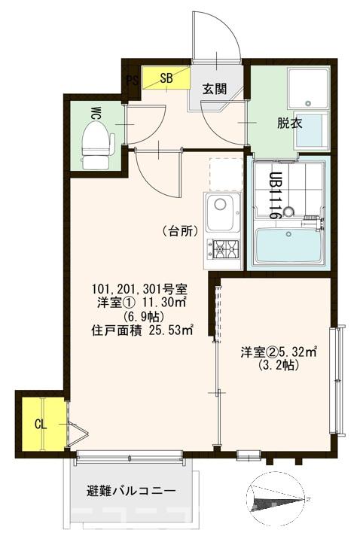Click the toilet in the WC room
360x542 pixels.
click(x=96, y=143)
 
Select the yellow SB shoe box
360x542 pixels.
click(x=166, y=78)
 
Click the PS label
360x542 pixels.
click(x=133, y=81)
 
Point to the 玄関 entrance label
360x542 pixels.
click(x=215, y=88)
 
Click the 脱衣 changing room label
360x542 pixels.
click(x=289, y=123)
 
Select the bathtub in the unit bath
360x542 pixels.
click(x=288, y=245)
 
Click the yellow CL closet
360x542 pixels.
click(x=41, y=423)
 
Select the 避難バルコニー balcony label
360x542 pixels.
click(x=131, y=492)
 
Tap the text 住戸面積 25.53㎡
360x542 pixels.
click(x=142, y=328)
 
